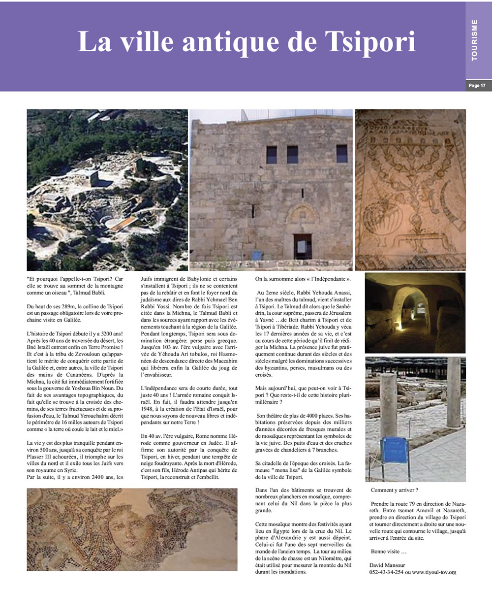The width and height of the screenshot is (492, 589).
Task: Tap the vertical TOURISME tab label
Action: coord(474,40)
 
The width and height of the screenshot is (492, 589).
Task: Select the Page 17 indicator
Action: coord(477,86)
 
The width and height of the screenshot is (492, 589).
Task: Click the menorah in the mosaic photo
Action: coord(411,187)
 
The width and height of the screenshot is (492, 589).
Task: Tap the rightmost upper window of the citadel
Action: coord(341,154)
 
